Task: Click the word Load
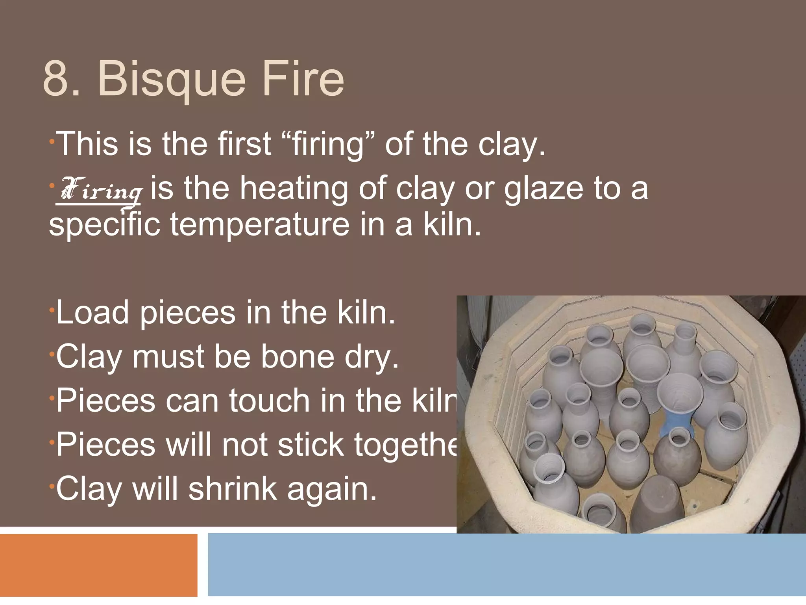point(93,313)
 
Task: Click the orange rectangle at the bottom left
point(98,565)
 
